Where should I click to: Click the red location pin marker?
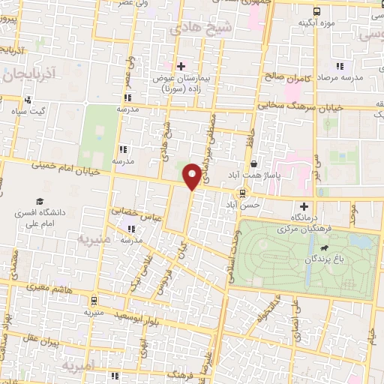(x=193, y=175)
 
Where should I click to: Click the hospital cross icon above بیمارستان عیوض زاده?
(x=181, y=66)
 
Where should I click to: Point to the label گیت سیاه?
(x=28, y=111)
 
